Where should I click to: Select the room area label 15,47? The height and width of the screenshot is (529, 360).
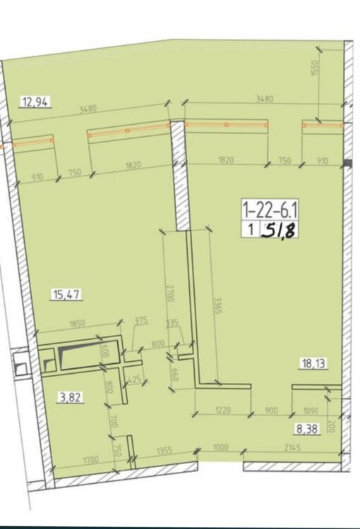[66, 295]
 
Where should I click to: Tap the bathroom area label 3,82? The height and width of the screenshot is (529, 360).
[71, 398]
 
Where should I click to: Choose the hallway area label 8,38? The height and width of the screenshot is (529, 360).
[307, 429]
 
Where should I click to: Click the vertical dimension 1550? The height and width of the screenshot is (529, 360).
[315, 68]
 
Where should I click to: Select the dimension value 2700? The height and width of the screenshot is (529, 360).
[170, 293]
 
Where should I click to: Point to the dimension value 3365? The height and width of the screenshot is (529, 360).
[218, 305]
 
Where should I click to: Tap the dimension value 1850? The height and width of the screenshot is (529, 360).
[78, 324]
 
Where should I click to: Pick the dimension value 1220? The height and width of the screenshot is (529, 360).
[222, 410]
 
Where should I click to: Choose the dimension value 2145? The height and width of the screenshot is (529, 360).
[292, 448]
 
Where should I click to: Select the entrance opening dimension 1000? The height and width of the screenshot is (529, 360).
[220, 447]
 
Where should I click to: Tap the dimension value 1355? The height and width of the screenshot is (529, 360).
[164, 451]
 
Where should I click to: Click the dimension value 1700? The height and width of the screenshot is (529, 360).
[91, 459]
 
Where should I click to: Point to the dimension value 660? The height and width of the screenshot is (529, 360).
[174, 373]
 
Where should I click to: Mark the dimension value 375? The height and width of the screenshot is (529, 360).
[141, 320]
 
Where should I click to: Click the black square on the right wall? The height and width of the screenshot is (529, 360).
[348, 164]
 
